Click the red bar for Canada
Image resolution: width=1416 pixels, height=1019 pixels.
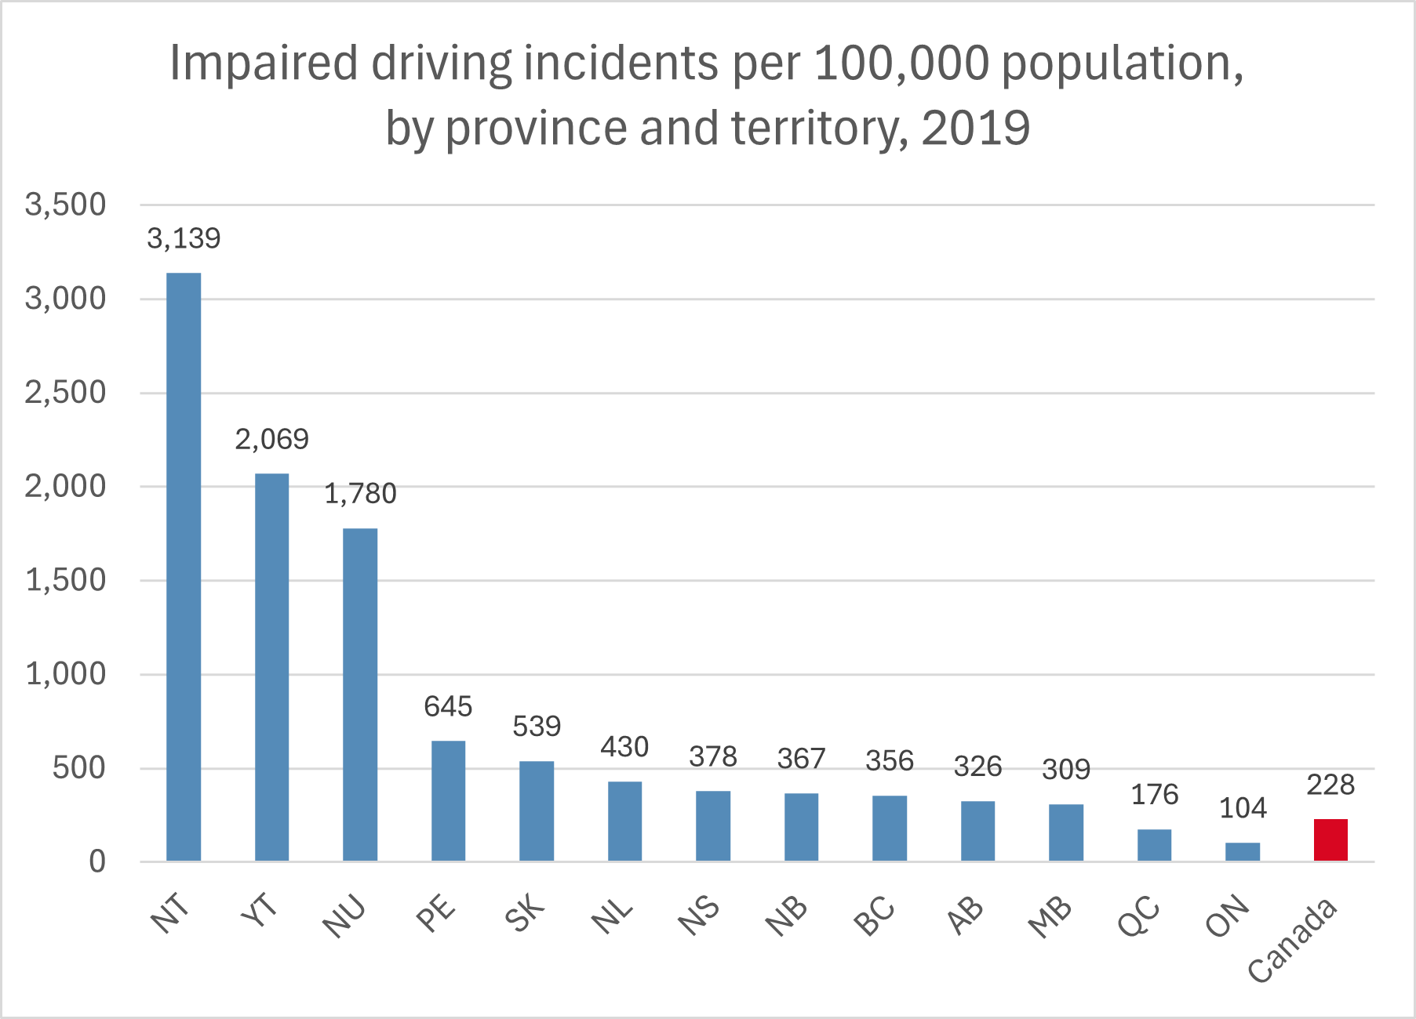1330,840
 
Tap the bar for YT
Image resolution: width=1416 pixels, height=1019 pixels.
271,667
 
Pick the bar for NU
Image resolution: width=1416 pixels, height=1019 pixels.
360,694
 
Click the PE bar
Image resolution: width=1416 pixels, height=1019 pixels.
448,800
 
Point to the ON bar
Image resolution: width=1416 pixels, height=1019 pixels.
1243,852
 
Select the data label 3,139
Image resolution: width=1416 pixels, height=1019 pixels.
184,238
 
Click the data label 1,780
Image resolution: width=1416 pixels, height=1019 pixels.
360,494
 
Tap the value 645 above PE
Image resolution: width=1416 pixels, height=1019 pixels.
448,707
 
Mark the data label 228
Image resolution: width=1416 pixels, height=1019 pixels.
1330,785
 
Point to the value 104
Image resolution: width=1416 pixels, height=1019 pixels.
1243,808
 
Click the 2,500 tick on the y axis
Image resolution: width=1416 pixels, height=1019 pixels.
65,393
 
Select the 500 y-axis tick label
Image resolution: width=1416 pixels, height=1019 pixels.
78,768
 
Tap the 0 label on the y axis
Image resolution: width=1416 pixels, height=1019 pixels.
96,862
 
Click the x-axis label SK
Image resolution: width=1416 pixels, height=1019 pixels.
525,912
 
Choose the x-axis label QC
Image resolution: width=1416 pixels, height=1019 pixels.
1139,915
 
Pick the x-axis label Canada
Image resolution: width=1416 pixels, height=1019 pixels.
1293,940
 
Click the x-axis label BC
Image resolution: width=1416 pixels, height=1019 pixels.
875,915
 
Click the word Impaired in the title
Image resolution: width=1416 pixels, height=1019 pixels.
264,63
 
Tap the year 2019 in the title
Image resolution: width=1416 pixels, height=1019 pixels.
975,128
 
